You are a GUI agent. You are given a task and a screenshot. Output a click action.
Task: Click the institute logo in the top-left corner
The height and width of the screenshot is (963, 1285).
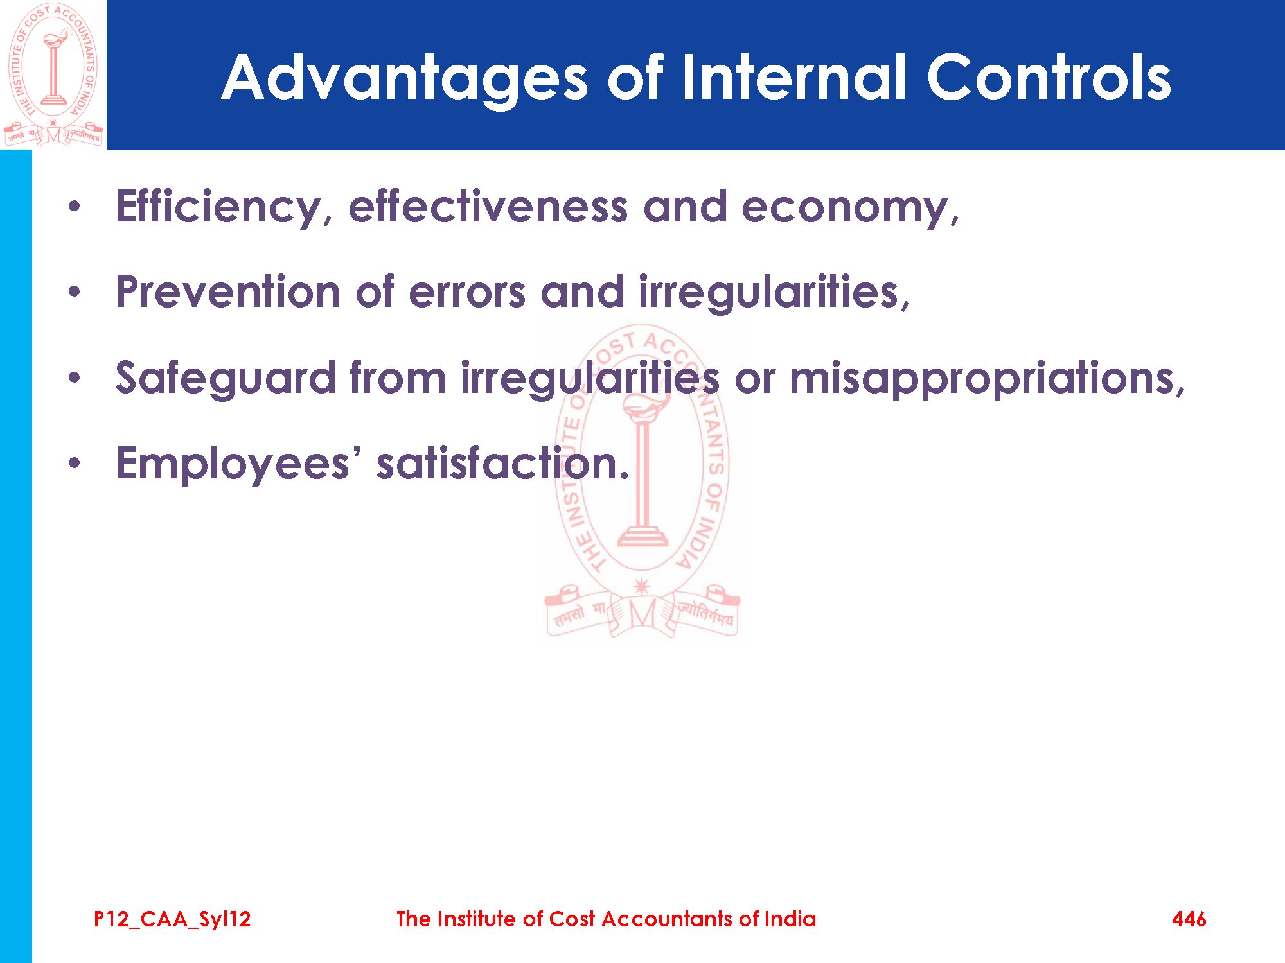(53, 74)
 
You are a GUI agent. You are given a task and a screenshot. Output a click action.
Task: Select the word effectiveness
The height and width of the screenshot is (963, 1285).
(488, 207)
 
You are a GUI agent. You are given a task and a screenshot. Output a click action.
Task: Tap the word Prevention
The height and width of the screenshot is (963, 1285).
(228, 292)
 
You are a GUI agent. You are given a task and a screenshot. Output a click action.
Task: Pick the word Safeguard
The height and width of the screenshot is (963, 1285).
(226, 379)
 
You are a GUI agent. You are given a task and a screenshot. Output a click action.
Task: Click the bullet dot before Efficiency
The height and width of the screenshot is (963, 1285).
(75, 207)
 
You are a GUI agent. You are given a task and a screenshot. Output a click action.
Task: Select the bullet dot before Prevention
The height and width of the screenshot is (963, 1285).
(75, 292)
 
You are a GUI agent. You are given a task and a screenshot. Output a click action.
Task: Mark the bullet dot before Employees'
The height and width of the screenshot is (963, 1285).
(75, 463)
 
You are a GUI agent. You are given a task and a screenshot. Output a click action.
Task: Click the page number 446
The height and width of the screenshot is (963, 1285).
(1189, 919)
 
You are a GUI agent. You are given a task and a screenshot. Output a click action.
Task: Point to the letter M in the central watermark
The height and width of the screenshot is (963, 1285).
(642, 614)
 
